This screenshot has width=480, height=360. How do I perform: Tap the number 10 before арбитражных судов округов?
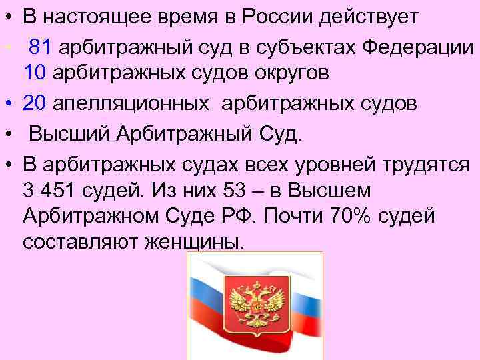(34, 73)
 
